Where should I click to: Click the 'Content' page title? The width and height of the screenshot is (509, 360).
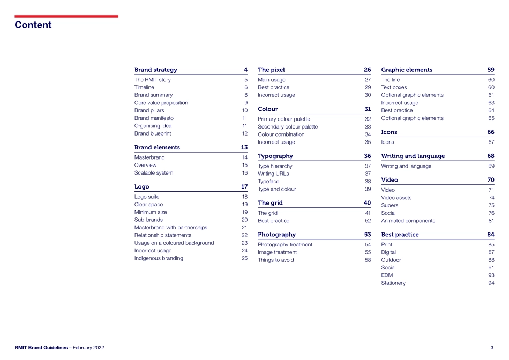tap(33, 25)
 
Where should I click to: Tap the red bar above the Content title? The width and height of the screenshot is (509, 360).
tap(66, 16)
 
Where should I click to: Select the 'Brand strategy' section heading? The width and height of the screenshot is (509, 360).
tap(155, 70)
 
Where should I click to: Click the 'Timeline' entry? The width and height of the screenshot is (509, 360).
tap(144, 87)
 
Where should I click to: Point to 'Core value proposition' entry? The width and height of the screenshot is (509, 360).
tap(161, 103)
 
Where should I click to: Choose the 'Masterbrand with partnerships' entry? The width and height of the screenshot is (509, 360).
tap(170, 227)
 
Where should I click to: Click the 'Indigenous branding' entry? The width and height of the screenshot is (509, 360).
tap(159, 258)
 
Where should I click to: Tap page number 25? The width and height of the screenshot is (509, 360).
tap(244, 258)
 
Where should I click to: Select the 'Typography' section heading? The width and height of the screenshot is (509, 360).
tap(275, 156)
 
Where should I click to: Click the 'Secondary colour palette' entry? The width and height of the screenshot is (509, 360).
tap(288, 127)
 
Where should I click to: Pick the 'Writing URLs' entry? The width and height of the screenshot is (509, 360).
tap(274, 174)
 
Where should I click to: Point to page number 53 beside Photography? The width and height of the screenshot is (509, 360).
tap(367, 235)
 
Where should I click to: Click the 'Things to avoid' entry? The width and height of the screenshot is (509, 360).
tap(276, 260)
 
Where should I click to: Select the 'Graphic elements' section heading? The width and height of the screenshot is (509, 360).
tap(407, 70)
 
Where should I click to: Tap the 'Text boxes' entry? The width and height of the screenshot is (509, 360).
tap(394, 87)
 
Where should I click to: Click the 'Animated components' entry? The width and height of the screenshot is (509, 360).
tap(408, 221)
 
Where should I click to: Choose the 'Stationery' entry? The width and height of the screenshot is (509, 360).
tap(393, 283)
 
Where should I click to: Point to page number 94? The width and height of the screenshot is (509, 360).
tap(491, 283)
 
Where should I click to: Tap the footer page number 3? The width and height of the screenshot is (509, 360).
tap(492, 348)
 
